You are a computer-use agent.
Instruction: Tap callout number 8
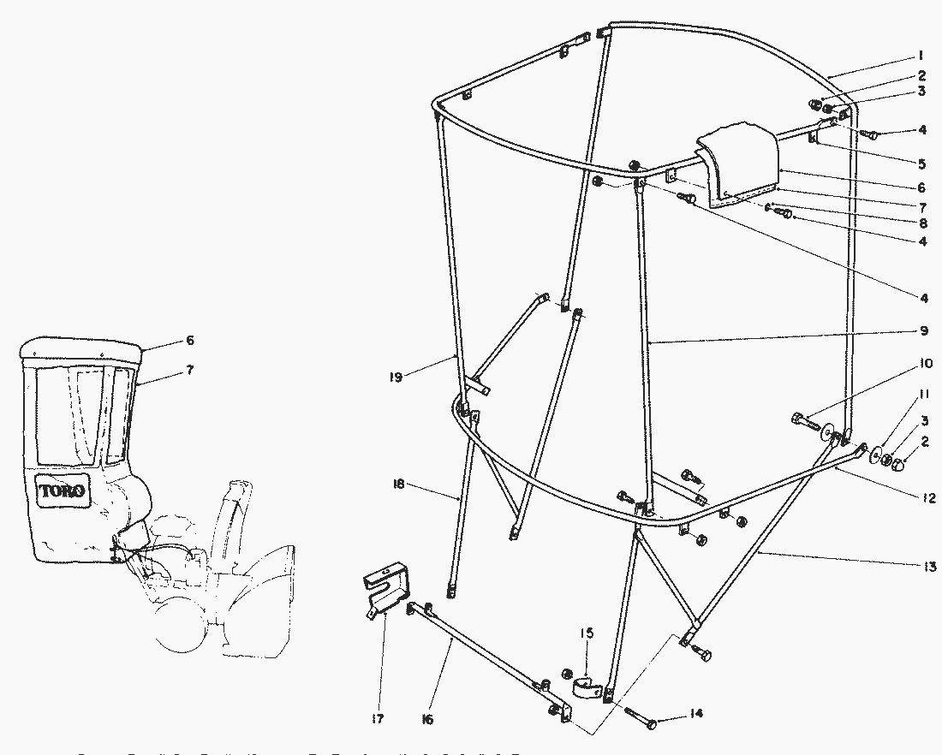click(x=922, y=223)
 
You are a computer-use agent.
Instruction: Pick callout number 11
click(x=922, y=395)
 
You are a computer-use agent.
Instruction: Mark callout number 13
click(x=929, y=566)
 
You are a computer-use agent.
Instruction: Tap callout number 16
click(x=427, y=719)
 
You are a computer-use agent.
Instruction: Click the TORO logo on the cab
click(x=62, y=491)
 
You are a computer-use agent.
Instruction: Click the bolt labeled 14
click(x=641, y=719)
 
